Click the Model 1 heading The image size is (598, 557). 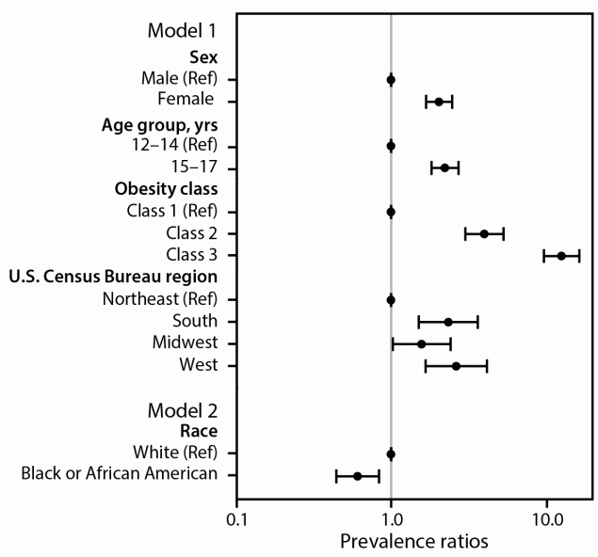[183, 29]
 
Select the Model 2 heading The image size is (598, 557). [183, 410]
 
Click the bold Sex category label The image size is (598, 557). [204, 57]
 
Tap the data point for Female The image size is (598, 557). [439, 102]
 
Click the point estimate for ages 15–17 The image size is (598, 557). [444, 168]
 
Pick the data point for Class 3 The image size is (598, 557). [561, 256]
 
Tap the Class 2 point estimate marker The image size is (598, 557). [484, 233]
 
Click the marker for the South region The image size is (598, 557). [448, 322]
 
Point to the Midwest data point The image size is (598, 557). [421, 344]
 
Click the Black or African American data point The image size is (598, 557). [357, 476]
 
